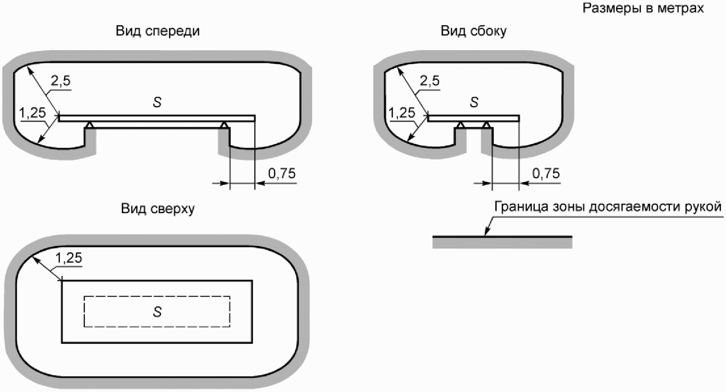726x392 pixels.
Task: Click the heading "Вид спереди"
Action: click(157, 31)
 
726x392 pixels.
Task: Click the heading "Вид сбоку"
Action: click(473, 31)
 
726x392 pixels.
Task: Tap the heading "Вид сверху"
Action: click(157, 208)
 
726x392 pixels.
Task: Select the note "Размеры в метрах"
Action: click(643, 8)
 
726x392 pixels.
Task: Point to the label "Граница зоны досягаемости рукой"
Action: click(608, 207)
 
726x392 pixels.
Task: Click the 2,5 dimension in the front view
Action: click(61, 80)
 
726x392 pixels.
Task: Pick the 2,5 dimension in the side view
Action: click(430, 80)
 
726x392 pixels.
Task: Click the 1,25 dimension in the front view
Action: click(32, 113)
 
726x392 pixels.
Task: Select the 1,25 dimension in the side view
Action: click(402, 113)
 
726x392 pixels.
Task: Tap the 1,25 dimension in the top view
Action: click(69, 258)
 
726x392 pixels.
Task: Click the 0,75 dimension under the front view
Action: click(282, 173)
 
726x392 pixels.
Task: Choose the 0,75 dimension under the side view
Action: click(546, 173)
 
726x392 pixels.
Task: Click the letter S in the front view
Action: click(157, 102)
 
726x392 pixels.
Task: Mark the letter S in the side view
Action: click(474, 102)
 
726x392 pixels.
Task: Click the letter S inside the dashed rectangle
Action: click(157, 312)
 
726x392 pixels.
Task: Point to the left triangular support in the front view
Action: click(90, 125)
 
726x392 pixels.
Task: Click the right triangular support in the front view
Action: click(223, 125)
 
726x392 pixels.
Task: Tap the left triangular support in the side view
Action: click(461, 125)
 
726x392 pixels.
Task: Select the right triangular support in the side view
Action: click(486, 125)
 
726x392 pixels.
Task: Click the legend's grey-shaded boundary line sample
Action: click(503, 242)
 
